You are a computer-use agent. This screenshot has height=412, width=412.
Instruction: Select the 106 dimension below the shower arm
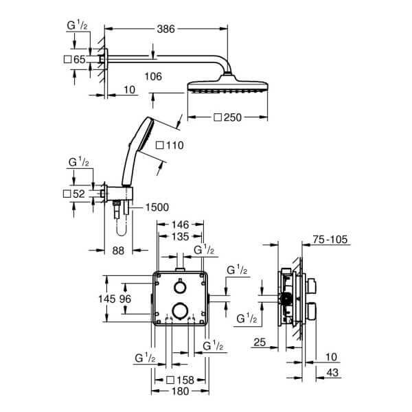(154, 76)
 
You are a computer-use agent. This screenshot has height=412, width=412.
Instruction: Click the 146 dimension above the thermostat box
(179, 225)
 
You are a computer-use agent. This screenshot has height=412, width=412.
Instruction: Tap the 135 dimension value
(179, 237)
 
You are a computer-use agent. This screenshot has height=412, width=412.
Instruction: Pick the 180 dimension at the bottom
(179, 391)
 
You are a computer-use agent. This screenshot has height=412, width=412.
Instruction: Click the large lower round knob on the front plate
(180, 310)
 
